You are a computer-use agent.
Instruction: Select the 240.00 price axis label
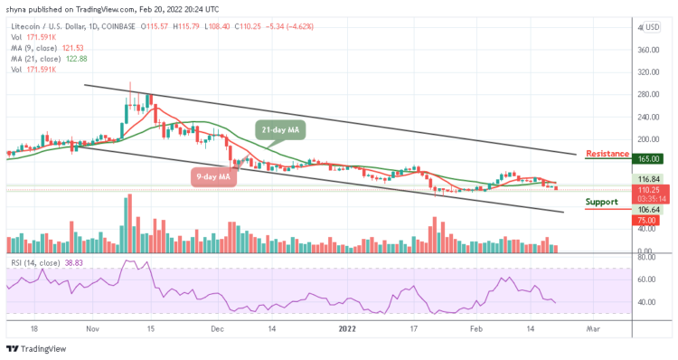(x=649, y=117)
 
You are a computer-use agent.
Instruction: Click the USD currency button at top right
(x=652, y=27)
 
